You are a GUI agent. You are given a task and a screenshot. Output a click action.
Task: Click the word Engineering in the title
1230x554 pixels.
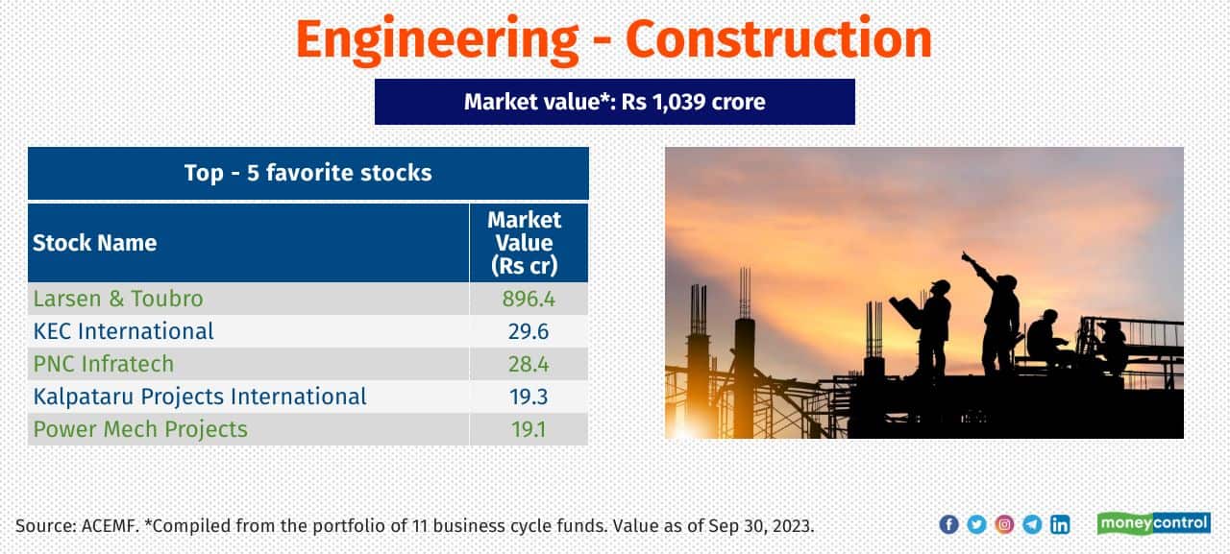pos(437,40)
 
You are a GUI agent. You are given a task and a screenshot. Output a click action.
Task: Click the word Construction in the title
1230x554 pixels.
pos(778,40)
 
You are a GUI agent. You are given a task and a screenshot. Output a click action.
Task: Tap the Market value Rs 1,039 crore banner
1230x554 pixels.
pos(614,102)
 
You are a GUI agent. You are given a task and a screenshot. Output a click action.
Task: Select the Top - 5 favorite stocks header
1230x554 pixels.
pos(307,173)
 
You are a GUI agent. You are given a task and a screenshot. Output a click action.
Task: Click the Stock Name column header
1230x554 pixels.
pos(95,243)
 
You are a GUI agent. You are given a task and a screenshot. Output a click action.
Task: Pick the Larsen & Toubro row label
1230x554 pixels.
pos(118,299)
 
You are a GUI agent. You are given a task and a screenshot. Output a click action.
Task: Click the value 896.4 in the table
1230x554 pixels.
pos(529,299)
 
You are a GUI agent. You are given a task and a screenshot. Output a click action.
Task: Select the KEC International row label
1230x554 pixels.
pos(123,331)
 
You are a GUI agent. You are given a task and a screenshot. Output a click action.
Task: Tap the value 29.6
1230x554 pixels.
pos(529,331)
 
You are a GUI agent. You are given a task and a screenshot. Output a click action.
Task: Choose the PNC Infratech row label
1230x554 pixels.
pos(104,364)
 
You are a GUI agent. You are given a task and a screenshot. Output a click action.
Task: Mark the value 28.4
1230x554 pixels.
pos(529,364)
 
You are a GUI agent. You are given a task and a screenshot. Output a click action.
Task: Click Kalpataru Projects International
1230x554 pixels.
pos(200,397)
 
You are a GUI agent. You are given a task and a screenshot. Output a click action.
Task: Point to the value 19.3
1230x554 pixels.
pos(529,397)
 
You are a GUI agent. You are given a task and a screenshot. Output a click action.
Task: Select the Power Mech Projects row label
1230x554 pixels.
pos(140,429)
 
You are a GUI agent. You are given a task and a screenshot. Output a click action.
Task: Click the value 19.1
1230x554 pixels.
pos(529,429)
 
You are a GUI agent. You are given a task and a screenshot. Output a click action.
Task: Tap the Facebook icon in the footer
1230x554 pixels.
pos(948,524)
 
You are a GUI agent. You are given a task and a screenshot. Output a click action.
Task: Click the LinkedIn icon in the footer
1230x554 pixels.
pos(1060,524)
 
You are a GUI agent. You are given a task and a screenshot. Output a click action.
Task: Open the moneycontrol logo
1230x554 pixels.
pos(1153,523)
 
